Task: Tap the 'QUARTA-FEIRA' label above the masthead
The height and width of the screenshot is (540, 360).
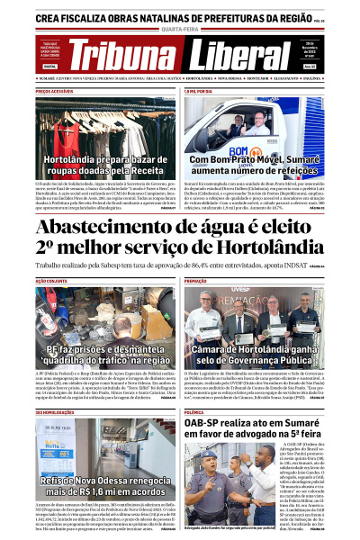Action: [x=180, y=27]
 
